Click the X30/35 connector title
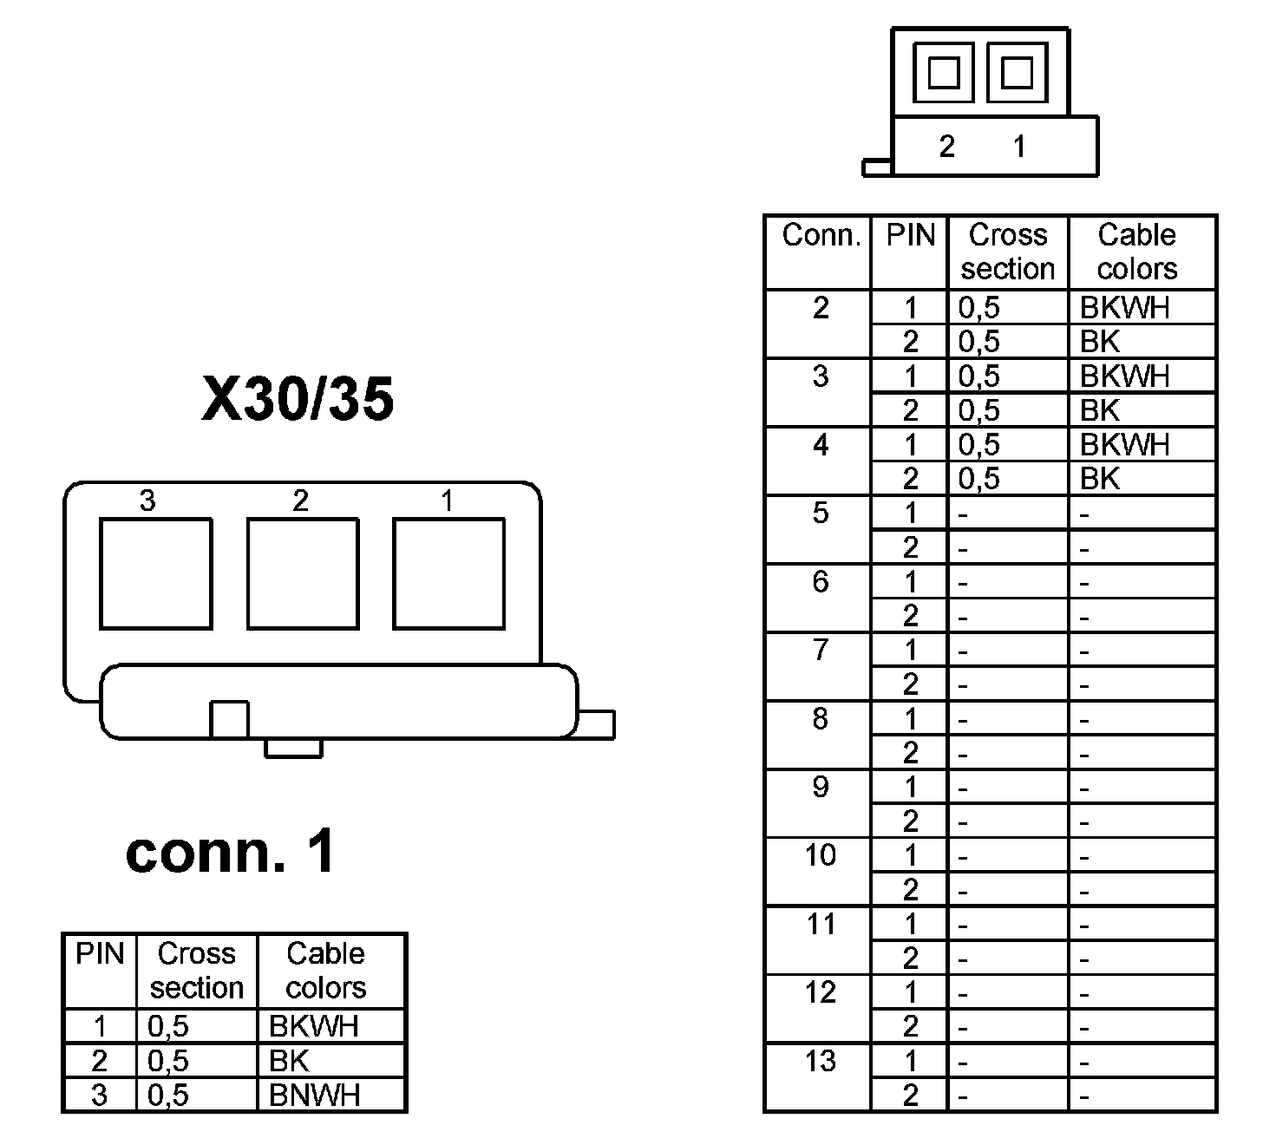point(298,400)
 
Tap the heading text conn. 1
point(230,853)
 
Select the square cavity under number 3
point(156,573)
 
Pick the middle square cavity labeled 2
point(303,573)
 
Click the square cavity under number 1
point(448,573)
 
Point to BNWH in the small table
point(314,1096)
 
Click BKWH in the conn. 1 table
point(313,1026)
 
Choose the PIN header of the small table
point(100,954)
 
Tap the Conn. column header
point(821,235)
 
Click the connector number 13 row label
point(821,1061)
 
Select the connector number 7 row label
point(821,650)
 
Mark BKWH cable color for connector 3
point(1124,376)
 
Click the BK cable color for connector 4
point(1100,479)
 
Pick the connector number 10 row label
point(821,855)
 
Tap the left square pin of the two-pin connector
point(944,72)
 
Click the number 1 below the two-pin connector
point(1019,147)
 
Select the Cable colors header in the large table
point(1136,252)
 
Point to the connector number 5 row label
point(821,513)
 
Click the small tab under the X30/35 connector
point(293,748)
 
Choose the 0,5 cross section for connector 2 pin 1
point(979,307)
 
